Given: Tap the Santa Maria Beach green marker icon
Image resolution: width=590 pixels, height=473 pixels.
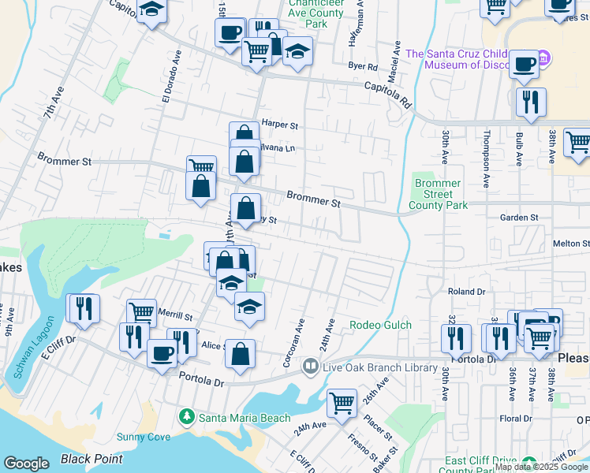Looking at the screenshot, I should tap(187, 415).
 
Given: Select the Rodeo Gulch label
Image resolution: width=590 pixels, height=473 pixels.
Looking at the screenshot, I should tap(381, 325).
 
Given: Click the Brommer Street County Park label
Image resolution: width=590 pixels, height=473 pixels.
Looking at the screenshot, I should tap(438, 194).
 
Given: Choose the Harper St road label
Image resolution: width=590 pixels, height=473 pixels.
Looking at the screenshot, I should tap(280, 125).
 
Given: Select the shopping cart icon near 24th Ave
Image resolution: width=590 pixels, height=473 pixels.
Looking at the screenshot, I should tap(342, 404).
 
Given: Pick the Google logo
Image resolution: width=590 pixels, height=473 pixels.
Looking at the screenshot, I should tap(26, 464).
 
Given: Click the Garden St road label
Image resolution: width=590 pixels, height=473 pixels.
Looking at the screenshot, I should tap(519, 217).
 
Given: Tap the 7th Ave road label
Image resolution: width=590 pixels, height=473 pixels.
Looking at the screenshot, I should tap(54, 103).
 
